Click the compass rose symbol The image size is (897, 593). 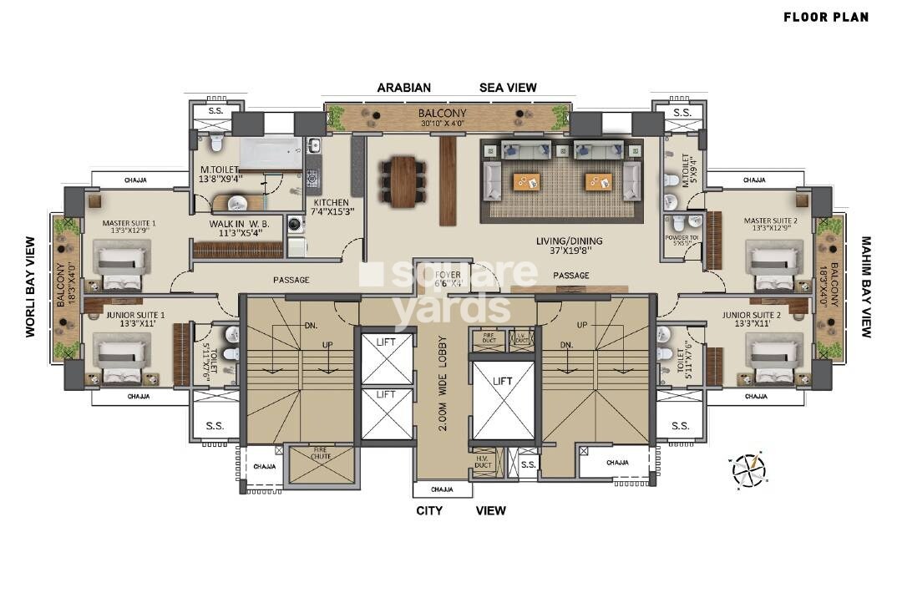tap(748, 470)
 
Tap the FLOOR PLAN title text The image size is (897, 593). tap(825, 17)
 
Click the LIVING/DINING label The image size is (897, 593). tap(569, 242)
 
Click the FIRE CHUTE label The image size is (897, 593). tap(322, 454)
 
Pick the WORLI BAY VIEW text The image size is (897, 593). tap(31, 286)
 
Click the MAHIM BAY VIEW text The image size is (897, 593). tap(866, 286)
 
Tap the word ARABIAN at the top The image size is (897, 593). tap(403, 87)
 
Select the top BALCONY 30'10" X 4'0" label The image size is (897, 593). tap(443, 117)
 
